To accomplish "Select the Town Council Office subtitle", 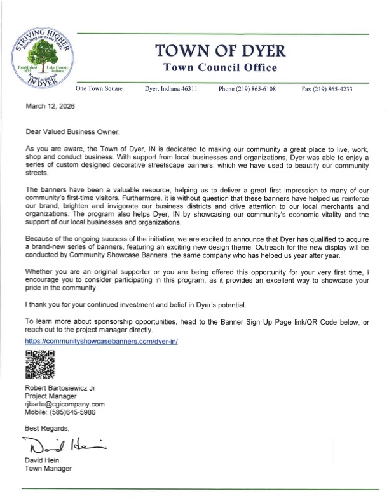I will point(219,68).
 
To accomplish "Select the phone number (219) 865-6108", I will point(247,90).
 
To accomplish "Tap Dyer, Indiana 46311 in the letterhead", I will point(171,90).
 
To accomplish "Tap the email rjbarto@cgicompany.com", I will point(64,403).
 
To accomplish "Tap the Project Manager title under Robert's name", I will point(50,395).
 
